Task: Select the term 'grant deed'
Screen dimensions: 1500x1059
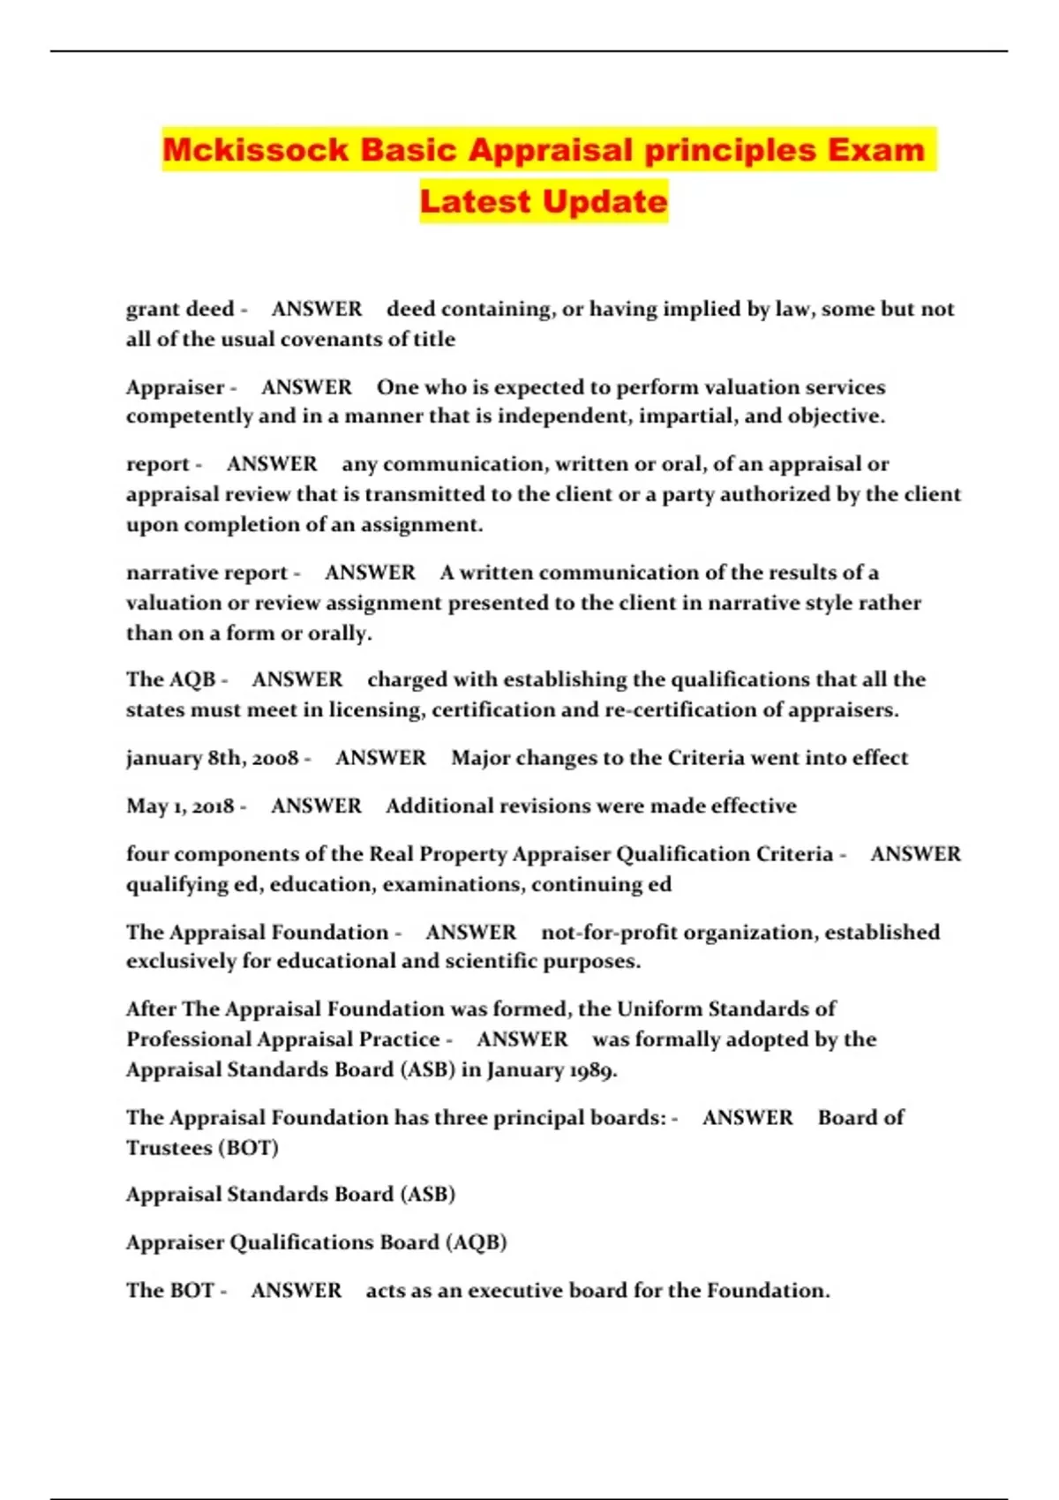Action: [x=180, y=309]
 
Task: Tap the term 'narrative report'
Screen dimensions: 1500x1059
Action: [x=207, y=573]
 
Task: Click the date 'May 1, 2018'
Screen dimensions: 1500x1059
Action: [x=180, y=806]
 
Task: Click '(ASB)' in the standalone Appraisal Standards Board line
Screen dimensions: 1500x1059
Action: [x=428, y=1194]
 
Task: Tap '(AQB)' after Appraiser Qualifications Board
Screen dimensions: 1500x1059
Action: [x=477, y=1242]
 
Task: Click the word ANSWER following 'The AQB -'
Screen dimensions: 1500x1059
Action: [x=297, y=679]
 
